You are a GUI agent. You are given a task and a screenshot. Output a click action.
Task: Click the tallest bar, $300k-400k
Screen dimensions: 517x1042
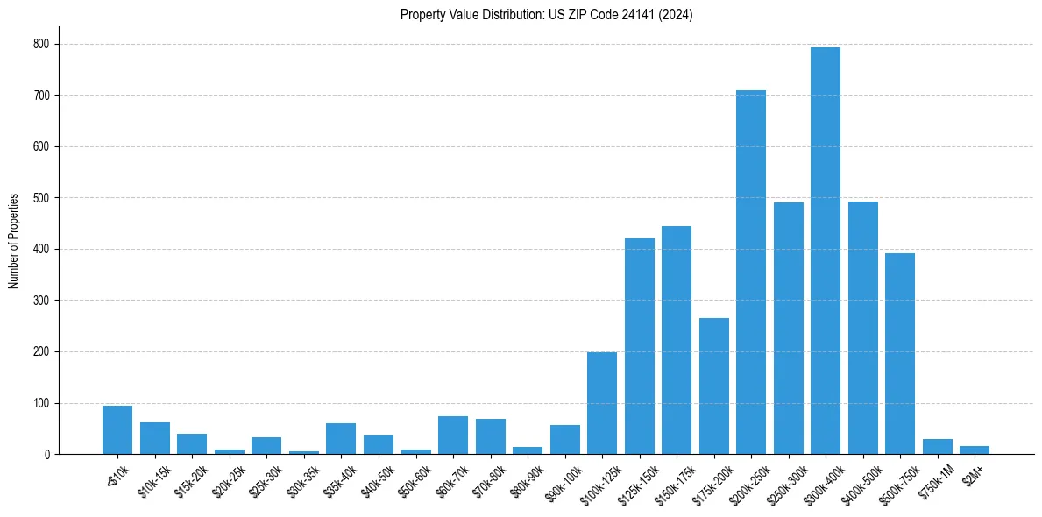click(x=826, y=251)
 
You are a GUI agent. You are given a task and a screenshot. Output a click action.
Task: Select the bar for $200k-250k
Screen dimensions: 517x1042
click(x=751, y=273)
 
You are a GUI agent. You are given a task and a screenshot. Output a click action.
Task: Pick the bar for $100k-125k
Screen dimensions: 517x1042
click(x=602, y=403)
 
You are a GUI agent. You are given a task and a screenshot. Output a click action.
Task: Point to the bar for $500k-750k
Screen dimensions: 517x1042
click(x=900, y=354)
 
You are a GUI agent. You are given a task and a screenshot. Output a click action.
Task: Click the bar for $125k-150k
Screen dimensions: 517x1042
click(x=640, y=346)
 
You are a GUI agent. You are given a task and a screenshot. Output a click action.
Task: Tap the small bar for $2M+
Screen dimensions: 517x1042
click(x=975, y=450)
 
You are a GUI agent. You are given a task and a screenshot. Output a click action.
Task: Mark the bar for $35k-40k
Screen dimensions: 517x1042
click(x=341, y=439)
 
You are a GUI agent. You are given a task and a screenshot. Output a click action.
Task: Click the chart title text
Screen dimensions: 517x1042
click(x=547, y=15)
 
